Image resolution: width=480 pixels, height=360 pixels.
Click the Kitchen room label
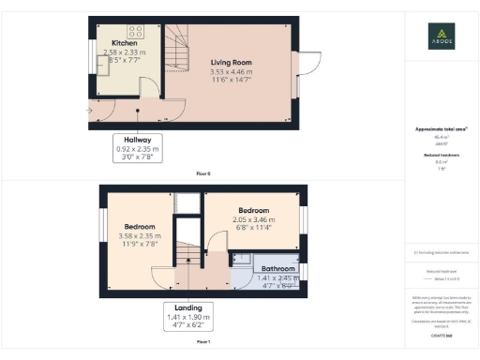(x=126, y=43)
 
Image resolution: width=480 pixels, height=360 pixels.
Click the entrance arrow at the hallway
(x=88, y=111)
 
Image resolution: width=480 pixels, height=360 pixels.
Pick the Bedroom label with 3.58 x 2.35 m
(x=139, y=226)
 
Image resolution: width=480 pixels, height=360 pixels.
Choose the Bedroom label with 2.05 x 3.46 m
(x=253, y=210)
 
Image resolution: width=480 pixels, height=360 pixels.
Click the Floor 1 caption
(x=203, y=343)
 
